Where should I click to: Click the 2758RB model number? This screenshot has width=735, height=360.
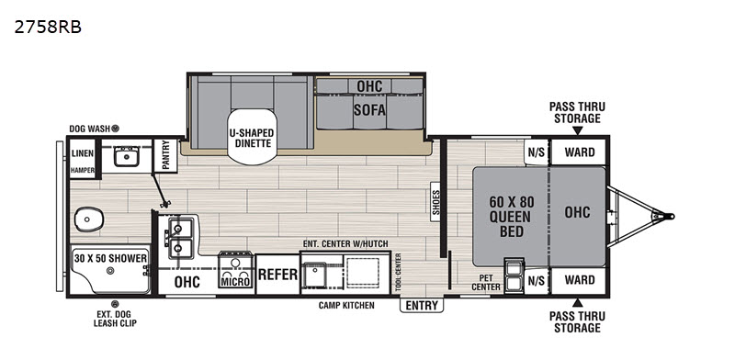pyautogui.click(x=48, y=28)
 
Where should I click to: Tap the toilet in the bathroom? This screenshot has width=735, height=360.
pyautogui.click(x=88, y=219)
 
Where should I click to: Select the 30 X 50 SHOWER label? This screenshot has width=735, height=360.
pyautogui.click(x=110, y=258)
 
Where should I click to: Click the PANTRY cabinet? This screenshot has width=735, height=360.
pyautogui.click(x=165, y=155)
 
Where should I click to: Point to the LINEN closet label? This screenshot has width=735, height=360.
pyautogui.click(x=83, y=153)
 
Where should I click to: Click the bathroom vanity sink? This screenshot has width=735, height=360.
pyautogui.click(x=126, y=155)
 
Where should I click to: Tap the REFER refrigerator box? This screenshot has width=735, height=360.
pyautogui.click(x=277, y=275)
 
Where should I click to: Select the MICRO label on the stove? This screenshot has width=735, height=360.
pyautogui.click(x=236, y=281)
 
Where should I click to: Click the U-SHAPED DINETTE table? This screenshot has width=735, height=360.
pyautogui.click(x=252, y=137)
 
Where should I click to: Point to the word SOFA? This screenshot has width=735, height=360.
pyautogui.click(x=369, y=110)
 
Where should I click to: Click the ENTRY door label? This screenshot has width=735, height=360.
pyautogui.click(x=422, y=306)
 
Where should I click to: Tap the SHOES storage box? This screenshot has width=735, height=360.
pyautogui.click(x=435, y=201)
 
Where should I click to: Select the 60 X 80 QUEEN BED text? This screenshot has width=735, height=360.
pyautogui.click(x=512, y=217)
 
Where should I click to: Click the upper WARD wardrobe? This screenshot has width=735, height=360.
pyautogui.click(x=580, y=152)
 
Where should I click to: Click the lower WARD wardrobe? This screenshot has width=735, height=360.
pyautogui.click(x=580, y=280)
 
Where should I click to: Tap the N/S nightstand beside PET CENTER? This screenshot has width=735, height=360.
pyautogui.click(x=537, y=280)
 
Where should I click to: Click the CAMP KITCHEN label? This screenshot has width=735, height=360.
pyautogui.click(x=346, y=306)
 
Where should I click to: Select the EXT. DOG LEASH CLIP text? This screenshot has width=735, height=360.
pyautogui.click(x=115, y=319)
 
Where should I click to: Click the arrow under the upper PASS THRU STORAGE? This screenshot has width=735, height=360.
pyautogui.click(x=578, y=130)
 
